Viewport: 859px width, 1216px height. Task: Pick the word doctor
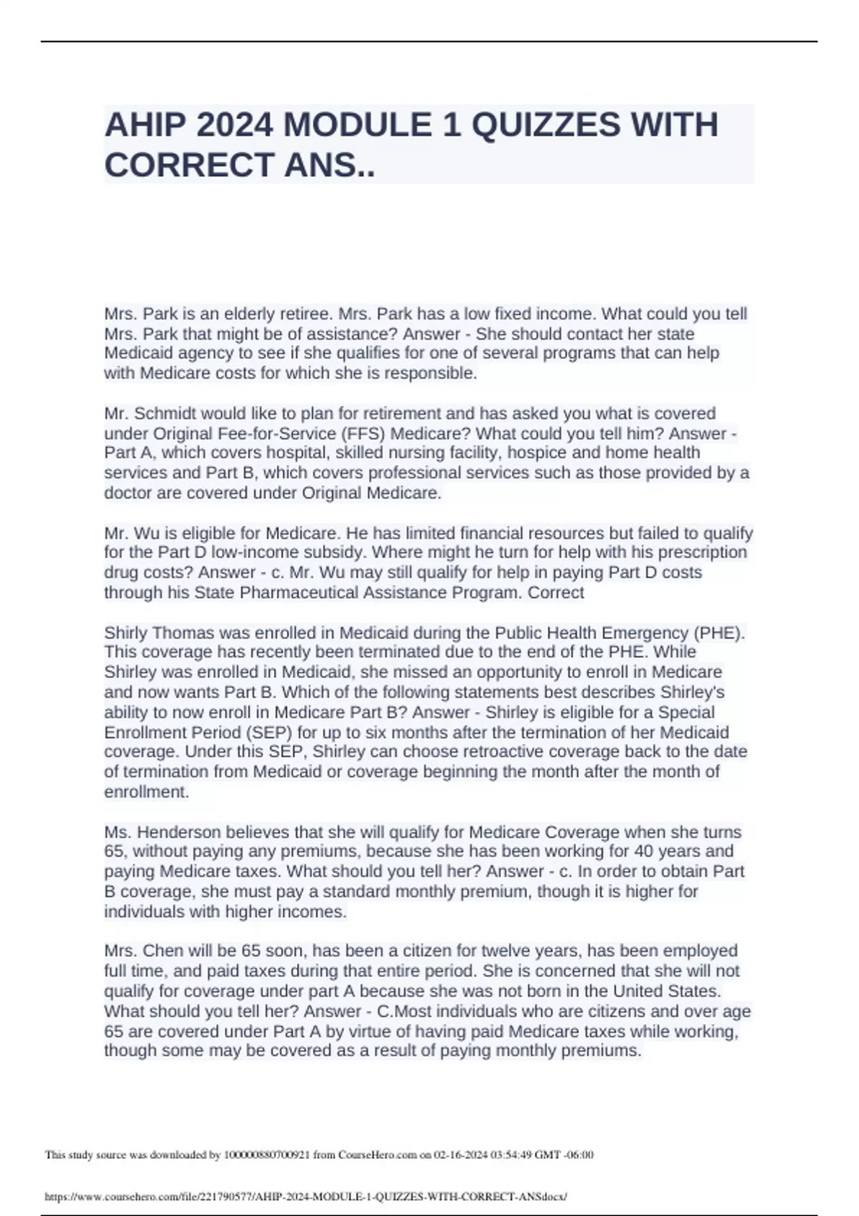point(125,493)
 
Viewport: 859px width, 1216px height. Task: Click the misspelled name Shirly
point(126,633)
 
